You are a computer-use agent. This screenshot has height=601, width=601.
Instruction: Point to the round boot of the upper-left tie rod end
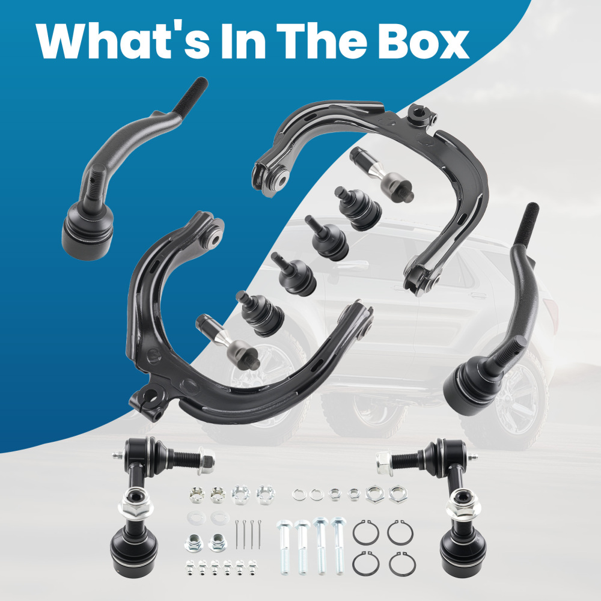[x=87, y=232]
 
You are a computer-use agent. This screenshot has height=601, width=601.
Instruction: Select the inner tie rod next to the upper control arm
[x=382, y=174]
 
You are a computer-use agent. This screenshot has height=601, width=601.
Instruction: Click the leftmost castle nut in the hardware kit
[x=197, y=495]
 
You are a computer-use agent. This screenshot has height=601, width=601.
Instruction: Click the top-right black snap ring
[x=400, y=532]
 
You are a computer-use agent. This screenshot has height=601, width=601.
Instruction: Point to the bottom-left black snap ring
[x=366, y=564]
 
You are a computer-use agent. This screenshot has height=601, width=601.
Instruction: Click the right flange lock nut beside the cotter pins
[x=218, y=542]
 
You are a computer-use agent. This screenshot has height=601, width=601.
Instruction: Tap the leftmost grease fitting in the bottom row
[x=190, y=567]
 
